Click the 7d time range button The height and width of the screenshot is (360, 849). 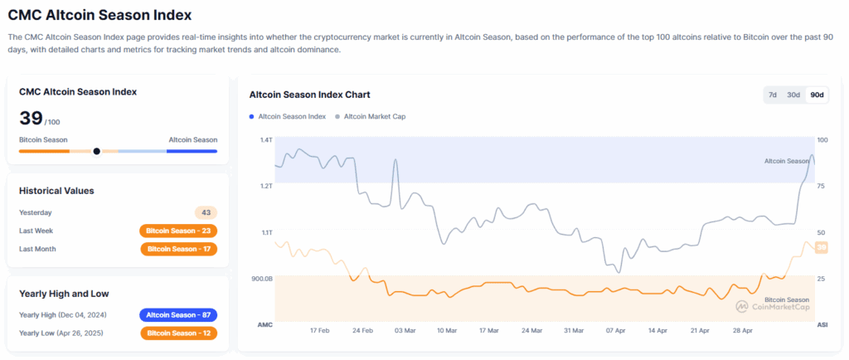pyautogui.click(x=773, y=95)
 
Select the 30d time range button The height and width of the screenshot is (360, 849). pyautogui.click(x=793, y=95)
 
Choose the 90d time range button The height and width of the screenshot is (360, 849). pyautogui.click(x=817, y=95)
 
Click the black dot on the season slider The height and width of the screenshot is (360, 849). pyautogui.click(x=97, y=151)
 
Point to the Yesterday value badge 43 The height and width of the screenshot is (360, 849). pyautogui.click(x=206, y=212)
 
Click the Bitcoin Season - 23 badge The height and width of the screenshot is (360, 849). pyautogui.click(x=178, y=231)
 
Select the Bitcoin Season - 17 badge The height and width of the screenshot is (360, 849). pyautogui.click(x=178, y=249)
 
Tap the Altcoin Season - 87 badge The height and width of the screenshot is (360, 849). pyautogui.click(x=178, y=315)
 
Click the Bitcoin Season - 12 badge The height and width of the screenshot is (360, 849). pyautogui.click(x=178, y=333)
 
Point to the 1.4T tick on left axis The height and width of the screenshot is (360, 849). pyautogui.click(x=265, y=140)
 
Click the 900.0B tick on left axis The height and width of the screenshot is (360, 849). pyautogui.click(x=262, y=279)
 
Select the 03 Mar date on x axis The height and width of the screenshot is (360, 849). pyautogui.click(x=405, y=330)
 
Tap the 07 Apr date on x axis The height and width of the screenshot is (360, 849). pyautogui.click(x=615, y=330)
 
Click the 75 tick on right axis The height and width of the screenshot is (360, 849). pyautogui.click(x=822, y=187)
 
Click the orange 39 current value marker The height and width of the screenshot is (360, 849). pyautogui.click(x=822, y=247)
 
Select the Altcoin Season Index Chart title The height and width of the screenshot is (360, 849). pyautogui.click(x=309, y=95)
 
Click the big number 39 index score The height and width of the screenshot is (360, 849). pyautogui.click(x=30, y=118)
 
